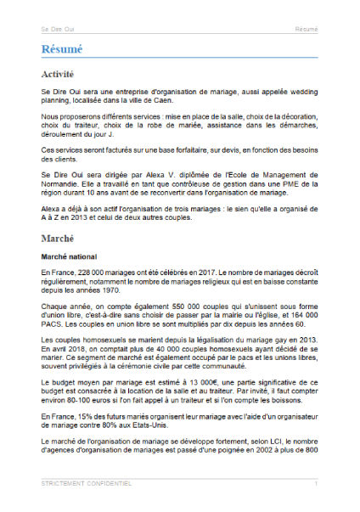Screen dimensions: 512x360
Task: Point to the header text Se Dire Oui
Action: click(57, 29)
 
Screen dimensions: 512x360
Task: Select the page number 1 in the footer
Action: click(316, 483)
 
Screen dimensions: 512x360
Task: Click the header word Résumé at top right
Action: click(307, 29)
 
